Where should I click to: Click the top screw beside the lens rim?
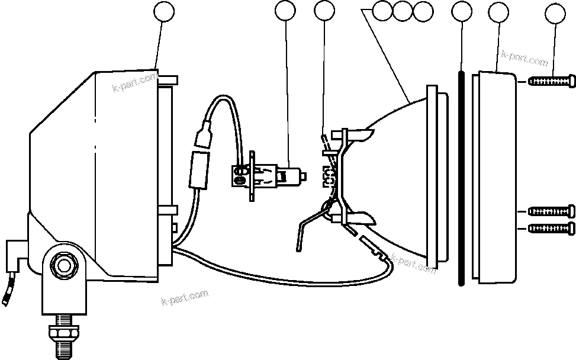tap(551, 81)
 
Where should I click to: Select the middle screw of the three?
tap(551, 210)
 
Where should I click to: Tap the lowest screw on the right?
tap(551, 229)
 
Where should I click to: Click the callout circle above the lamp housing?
tap(163, 11)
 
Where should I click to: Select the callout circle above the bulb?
tap(286, 11)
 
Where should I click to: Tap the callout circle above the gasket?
tap(461, 11)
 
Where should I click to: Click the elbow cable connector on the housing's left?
tap(15, 252)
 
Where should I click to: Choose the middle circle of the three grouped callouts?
tap(403, 11)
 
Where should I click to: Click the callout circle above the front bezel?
tap(499, 11)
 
